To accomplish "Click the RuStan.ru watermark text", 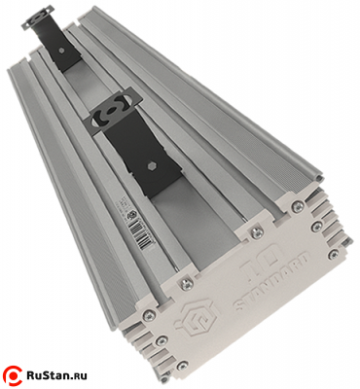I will [64, 372].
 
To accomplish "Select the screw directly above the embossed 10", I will [256, 231].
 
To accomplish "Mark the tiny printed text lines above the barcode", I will [131, 220].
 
